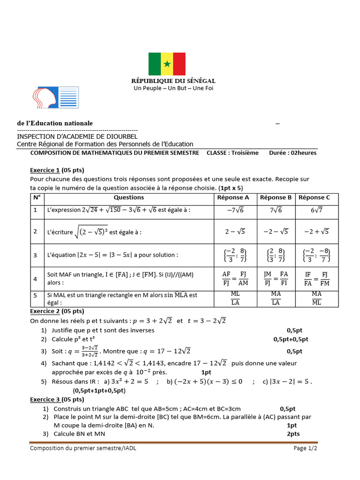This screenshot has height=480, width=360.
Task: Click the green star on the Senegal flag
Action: pyautogui.click(x=167, y=64)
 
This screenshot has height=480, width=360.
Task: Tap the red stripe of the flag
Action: pyautogui.click(x=179, y=64)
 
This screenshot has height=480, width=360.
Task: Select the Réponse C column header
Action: pyautogui.click(x=314, y=197)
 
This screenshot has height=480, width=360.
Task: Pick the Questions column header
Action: pyautogui.click(x=129, y=197)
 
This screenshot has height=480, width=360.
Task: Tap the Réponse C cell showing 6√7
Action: pyautogui.click(x=314, y=210)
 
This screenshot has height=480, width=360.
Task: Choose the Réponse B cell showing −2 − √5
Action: pyautogui.click(x=276, y=231)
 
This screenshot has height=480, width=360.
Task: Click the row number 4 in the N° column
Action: pyautogui.click(x=35, y=279)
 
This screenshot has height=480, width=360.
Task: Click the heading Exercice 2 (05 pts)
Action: pyautogui.click(x=57, y=311)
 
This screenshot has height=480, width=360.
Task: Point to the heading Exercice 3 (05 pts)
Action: pyautogui.click(x=57, y=399)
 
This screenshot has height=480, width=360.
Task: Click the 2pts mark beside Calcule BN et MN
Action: pyautogui.click(x=293, y=434)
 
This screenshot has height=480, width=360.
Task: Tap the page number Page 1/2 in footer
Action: pyautogui.click(x=306, y=448)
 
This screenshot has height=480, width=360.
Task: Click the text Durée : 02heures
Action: pyautogui.click(x=292, y=153)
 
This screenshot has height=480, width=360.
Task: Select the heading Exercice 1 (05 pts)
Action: pyautogui.click(x=57, y=170)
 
